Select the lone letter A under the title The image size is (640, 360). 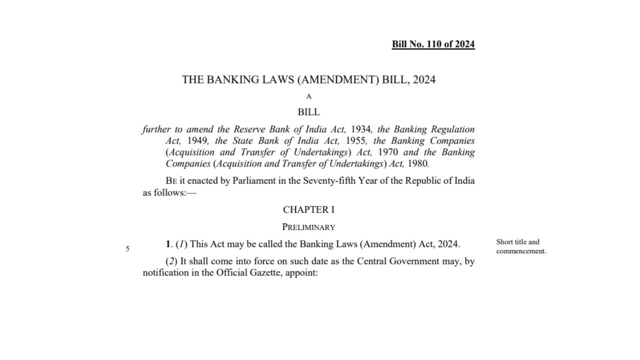pyautogui.click(x=308, y=96)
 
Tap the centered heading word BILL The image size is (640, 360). pyautogui.click(x=308, y=112)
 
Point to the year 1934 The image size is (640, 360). pyautogui.click(x=360, y=129)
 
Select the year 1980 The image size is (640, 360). pyautogui.click(x=418, y=163)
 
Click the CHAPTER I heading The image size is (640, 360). pyautogui.click(x=308, y=209)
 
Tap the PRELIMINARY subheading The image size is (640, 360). pyautogui.click(x=308, y=227)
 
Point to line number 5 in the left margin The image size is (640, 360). pyautogui.click(x=127, y=248)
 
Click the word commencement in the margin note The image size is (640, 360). pyautogui.click(x=520, y=251)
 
